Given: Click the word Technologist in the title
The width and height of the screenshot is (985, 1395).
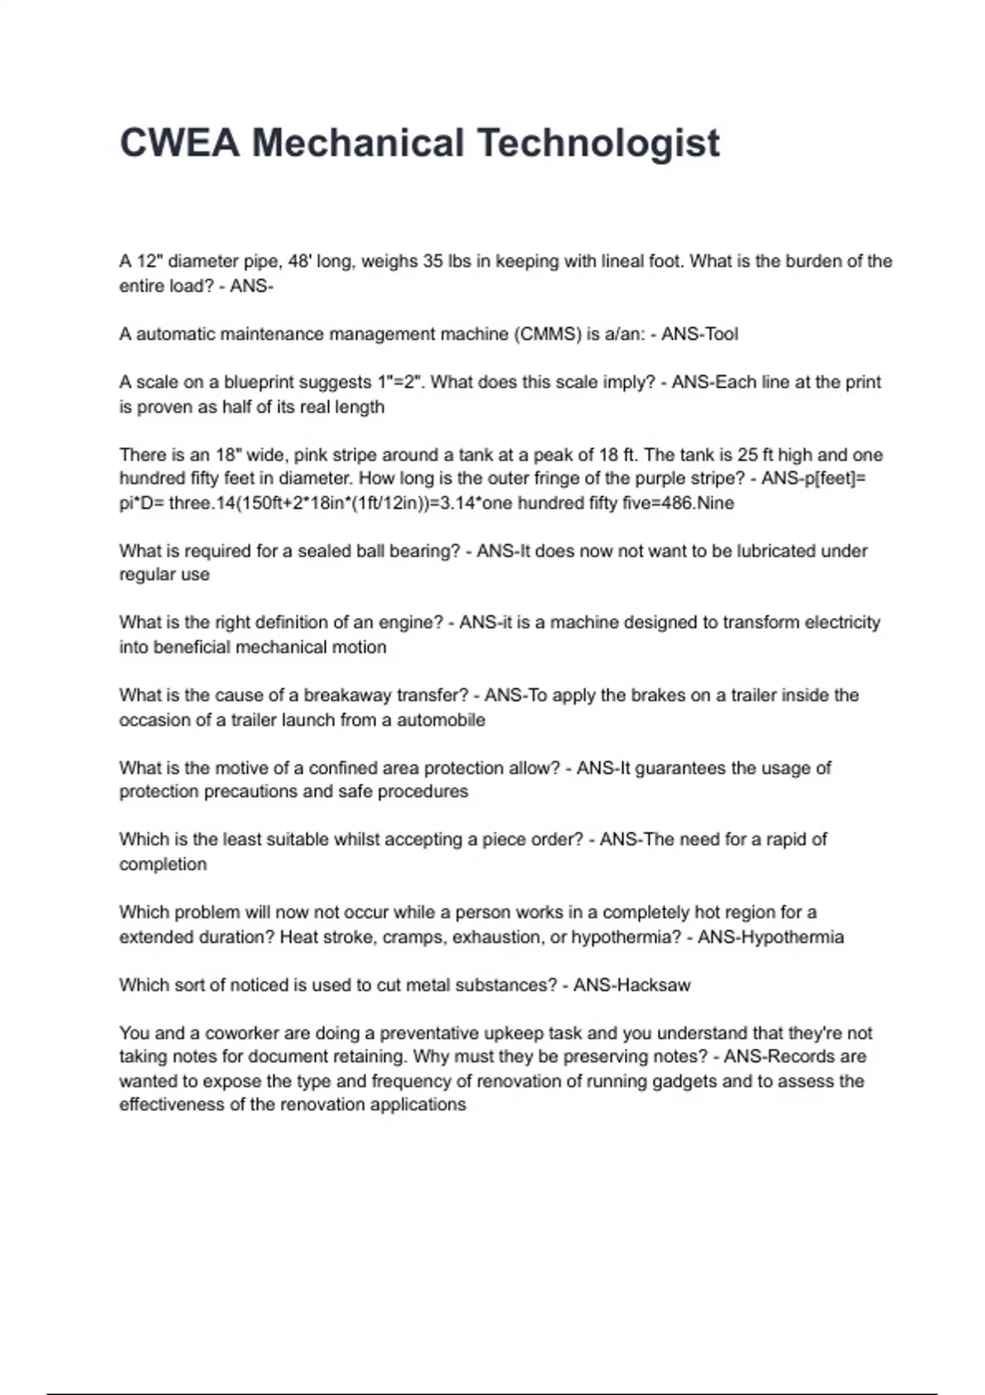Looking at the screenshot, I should click(x=598, y=143).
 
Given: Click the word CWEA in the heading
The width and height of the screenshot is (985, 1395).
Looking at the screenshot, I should click(x=180, y=143).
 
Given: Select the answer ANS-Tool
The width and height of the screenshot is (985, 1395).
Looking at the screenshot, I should click(x=699, y=334).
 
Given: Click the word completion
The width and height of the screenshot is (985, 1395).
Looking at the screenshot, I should click(x=163, y=864).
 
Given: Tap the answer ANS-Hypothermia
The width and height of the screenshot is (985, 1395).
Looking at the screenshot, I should click(x=770, y=937).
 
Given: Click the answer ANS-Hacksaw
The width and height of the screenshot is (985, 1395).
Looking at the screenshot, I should click(x=632, y=985).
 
